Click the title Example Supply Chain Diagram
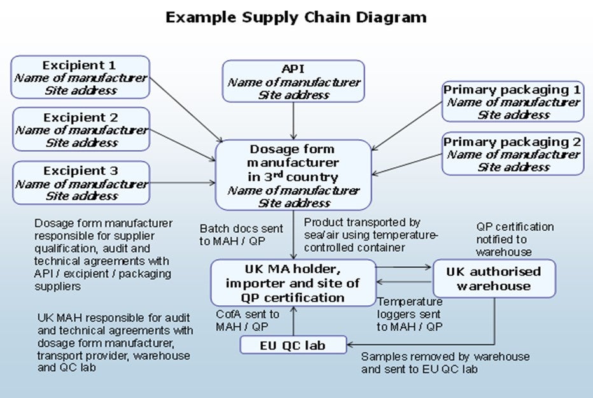pos(296,17)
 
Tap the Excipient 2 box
pos(81,130)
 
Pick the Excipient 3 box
pos(81,183)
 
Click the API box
pos(293,81)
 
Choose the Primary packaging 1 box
pos(512,102)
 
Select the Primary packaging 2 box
pos(512,154)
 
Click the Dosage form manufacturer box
pos(293,175)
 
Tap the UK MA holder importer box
pos(293,282)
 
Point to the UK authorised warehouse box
pos(494,278)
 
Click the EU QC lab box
pos(293,345)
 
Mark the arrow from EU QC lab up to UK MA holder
pos(293,321)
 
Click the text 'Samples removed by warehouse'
pos(445,357)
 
